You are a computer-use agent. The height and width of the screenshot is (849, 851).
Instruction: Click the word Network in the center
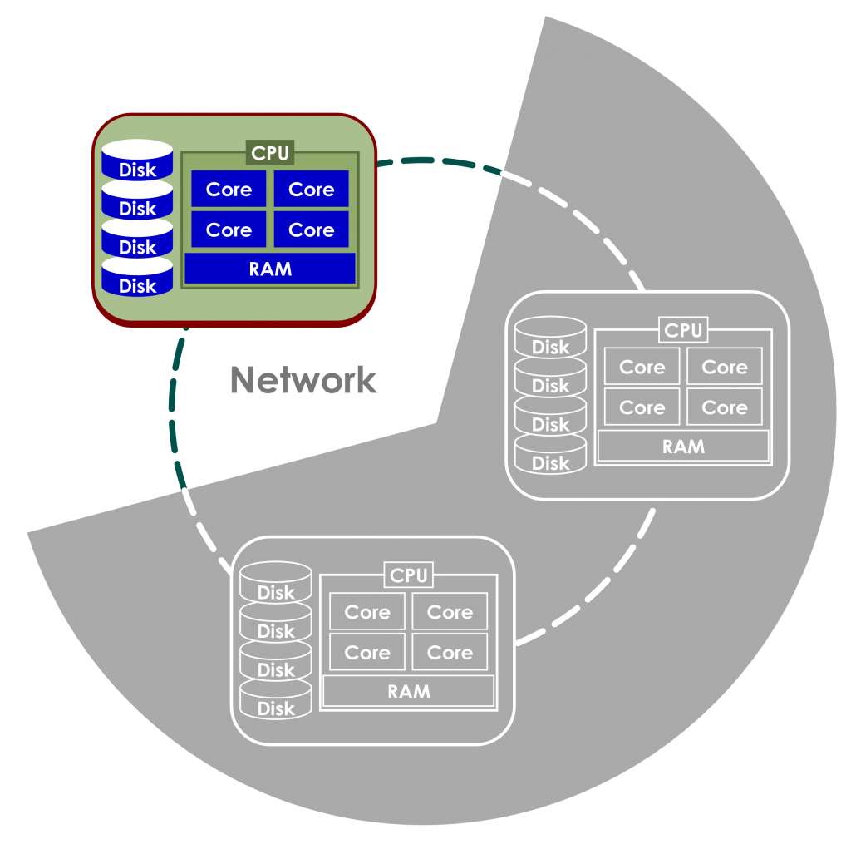pyautogui.click(x=303, y=380)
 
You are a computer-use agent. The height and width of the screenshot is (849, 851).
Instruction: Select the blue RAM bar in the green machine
pyautogui.click(x=270, y=269)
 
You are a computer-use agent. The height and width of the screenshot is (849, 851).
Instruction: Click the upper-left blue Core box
pyautogui.click(x=229, y=190)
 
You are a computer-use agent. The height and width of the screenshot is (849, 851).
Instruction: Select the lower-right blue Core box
pyautogui.click(x=311, y=230)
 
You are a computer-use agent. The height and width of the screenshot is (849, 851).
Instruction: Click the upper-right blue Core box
pyautogui.click(x=311, y=190)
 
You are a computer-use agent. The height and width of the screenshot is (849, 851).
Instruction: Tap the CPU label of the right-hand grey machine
pyautogui.click(x=683, y=330)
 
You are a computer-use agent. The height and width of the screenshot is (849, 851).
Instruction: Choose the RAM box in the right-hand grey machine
pyautogui.click(x=683, y=446)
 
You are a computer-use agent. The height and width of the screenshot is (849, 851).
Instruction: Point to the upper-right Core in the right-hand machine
pyautogui.click(x=725, y=367)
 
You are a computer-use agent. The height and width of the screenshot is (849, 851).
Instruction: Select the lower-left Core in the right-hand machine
pyautogui.click(x=642, y=407)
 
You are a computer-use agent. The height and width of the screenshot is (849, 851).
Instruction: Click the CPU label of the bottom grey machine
pyautogui.click(x=409, y=575)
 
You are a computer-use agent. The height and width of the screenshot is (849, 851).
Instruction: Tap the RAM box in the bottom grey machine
pyautogui.click(x=409, y=691)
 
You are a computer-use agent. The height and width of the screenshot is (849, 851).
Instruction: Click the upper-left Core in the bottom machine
pyautogui.click(x=367, y=612)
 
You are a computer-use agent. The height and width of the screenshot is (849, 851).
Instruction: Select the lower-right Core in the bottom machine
pyautogui.click(x=450, y=652)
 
